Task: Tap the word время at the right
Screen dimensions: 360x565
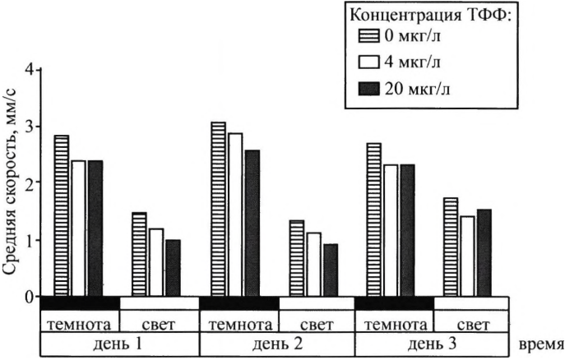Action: pyautogui.click(x=540, y=339)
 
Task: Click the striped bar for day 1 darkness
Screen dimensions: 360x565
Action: pyautogui.click(x=61, y=215)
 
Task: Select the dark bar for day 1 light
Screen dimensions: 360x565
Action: pyautogui.click(x=173, y=268)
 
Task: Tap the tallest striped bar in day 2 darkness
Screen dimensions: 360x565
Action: pyautogui.click(x=217, y=209)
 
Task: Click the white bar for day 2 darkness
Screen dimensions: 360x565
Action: pyautogui.click(x=234, y=215)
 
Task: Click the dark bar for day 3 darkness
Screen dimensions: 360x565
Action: pyautogui.click(x=407, y=230)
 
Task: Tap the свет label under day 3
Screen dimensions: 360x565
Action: pyautogui.click(x=473, y=323)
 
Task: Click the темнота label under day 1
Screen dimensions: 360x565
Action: pyautogui.click(x=81, y=323)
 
